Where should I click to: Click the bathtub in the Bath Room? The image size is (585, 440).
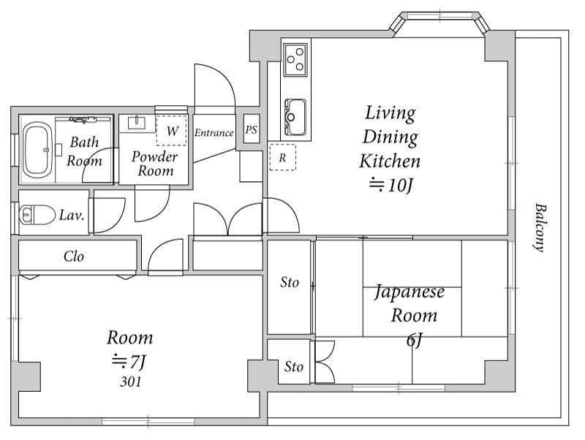pyautogui.click(x=37, y=150)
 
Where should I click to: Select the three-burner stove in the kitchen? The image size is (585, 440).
pyautogui.click(x=295, y=60)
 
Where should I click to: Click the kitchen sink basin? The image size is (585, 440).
pyautogui.click(x=295, y=117)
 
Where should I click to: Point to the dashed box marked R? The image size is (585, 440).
pyautogui.click(x=282, y=157)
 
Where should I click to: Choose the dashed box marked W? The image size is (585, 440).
pyautogui.click(x=171, y=130)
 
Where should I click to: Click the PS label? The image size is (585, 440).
pyautogui.click(x=251, y=129)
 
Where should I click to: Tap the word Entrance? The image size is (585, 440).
pyautogui.click(x=214, y=132)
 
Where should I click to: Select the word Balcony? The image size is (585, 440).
pyautogui.click(x=540, y=227)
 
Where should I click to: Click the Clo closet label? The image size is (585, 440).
pyautogui.click(x=74, y=256)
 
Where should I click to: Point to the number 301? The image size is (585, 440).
pyautogui.click(x=131, y=382)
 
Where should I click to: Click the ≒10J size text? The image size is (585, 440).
pyautogui.click(x=391, y=185)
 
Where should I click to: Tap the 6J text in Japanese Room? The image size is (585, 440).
pyautogui.click(x=414, y=340)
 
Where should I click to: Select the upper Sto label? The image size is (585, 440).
pyautogui.click(x=290, y=282)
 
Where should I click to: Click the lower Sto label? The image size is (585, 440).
pyautogui.click(x=294, y=366)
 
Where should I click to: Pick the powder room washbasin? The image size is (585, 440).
pyautogui.click(x=137, y=123)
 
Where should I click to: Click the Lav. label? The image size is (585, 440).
pyautogui.click(x=72, y=215)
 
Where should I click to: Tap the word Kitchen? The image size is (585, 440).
pyautogui.click(x=390, y=161)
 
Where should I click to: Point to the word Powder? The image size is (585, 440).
pyautogui.click(x=154, y=156)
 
